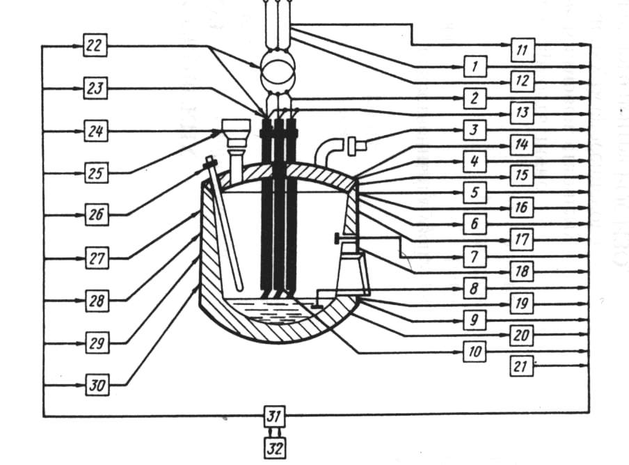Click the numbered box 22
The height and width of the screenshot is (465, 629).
coord(95,47)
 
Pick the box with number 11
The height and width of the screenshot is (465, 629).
coord(522,49)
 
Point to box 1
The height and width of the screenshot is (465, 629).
coord(475,67)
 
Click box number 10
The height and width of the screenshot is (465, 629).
coord(475,352)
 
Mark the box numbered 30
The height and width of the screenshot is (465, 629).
coord(97,385)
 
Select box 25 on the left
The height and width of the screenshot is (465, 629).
coord(97,173)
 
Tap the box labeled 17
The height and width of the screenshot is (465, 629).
coord(522,240)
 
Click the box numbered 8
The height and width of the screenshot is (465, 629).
coord(475,287)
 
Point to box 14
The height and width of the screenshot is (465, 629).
coord(522,145)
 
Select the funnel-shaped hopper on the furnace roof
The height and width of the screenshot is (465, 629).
coord(236,129)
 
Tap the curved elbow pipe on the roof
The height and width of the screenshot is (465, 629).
coord(327,149)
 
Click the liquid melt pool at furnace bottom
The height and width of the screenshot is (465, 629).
coord(268,312)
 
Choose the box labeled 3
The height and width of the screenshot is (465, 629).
coord(475,130)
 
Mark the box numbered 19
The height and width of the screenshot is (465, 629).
coord(522,304)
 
